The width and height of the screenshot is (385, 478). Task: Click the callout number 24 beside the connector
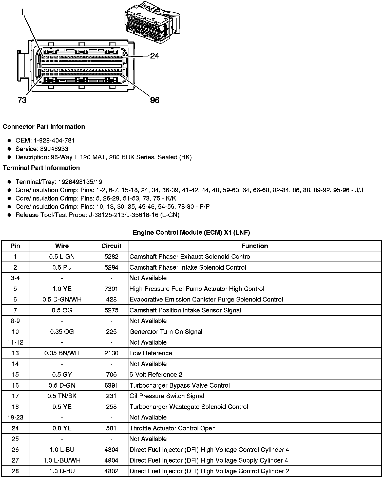155,56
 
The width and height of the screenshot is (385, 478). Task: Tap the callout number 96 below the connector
155,100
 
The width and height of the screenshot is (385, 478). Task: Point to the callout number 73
22,100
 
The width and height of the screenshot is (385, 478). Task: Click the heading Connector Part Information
44,127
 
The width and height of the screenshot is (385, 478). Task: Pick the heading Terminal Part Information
41,168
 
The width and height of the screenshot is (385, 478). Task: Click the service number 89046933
54,149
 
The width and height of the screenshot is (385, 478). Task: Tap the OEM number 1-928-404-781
54,141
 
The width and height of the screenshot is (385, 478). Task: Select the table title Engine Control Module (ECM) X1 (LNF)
191,232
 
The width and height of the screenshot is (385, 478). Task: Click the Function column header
255,246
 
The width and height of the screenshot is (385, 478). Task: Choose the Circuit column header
111,246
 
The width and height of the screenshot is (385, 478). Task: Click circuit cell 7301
111,289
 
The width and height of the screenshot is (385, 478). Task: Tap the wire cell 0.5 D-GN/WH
62,300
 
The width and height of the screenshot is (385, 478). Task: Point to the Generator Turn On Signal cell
166,332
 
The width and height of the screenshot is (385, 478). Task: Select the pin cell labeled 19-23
15,417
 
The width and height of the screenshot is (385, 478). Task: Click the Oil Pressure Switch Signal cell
167,396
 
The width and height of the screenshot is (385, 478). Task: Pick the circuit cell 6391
111,385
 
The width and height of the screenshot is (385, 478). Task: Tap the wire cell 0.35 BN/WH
62,353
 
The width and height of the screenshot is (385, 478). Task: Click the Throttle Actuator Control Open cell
172,428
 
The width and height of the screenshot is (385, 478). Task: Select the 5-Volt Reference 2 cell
156,374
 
